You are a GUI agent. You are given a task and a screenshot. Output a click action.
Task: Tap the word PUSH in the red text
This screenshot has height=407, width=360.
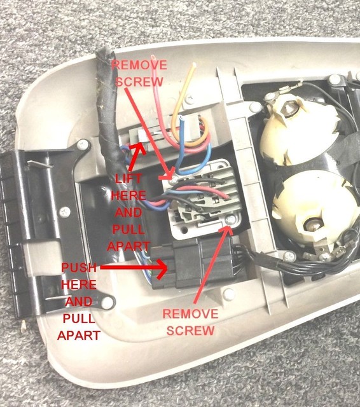(x=80, y=268)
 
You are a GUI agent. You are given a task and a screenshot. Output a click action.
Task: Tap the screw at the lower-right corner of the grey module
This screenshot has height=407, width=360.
(x=231, y=220)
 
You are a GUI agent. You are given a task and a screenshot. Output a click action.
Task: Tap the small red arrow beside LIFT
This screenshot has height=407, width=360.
(x=137, y=152)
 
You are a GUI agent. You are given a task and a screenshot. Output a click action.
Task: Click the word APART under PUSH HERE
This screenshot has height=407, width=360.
(x=78, y=335)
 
